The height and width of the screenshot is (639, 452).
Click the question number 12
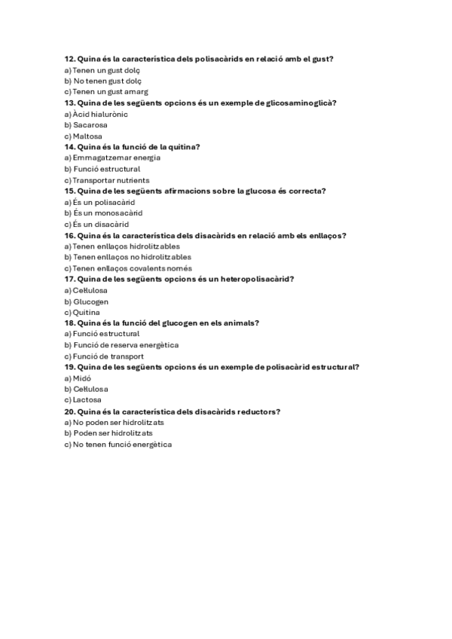pos(69,59)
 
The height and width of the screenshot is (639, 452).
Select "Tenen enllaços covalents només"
pos(133,268)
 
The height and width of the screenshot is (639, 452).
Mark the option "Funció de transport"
pos(108,356)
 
